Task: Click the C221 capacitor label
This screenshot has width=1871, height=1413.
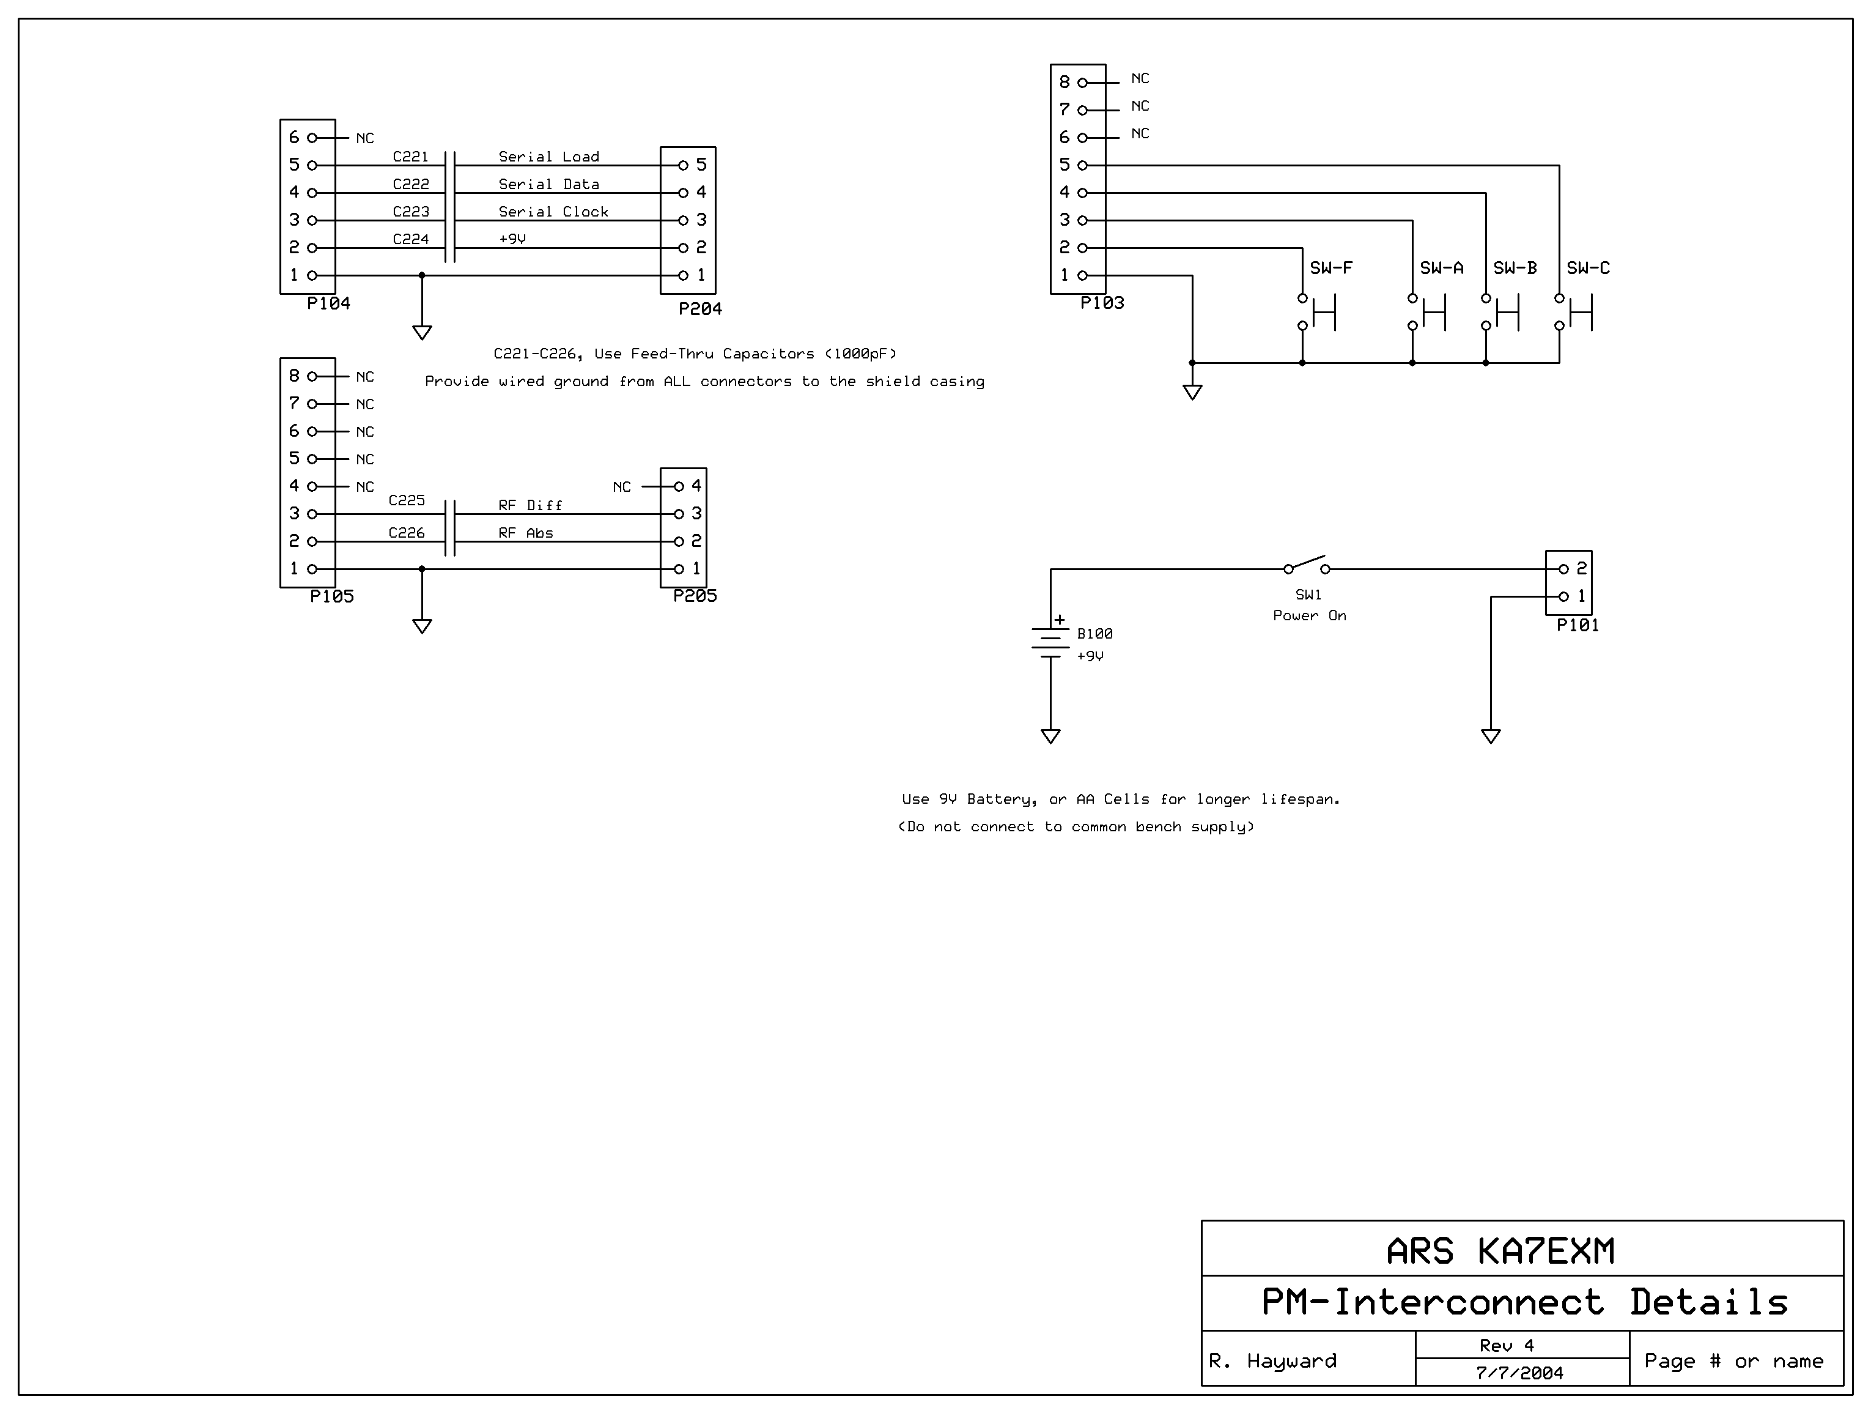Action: click(410, 157)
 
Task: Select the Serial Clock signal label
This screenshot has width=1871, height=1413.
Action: click(553, 212)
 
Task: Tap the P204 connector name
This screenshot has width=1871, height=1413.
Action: click(700, 309)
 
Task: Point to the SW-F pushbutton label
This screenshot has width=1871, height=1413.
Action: click(1331, 268)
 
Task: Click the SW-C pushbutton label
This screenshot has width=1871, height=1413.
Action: click(1589, 268)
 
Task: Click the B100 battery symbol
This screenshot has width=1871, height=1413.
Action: click(1050, 640)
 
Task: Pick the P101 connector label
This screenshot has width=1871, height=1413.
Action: click(1578, 625)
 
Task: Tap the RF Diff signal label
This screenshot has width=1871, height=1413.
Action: click(530, 505)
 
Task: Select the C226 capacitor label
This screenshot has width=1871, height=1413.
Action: click(406, 533)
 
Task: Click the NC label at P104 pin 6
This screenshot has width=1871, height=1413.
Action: click(364, 138)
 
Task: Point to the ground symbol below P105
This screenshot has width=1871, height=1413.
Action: click(422, 626)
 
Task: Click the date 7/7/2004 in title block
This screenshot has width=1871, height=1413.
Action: click(1520, 1373)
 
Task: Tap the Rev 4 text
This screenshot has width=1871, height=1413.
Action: click(1507, 1345)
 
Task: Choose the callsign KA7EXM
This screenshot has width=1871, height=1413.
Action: click(1546, 1252)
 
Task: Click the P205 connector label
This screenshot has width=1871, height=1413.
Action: click(695, 596)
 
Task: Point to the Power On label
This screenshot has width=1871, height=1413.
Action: click(1309, 616)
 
